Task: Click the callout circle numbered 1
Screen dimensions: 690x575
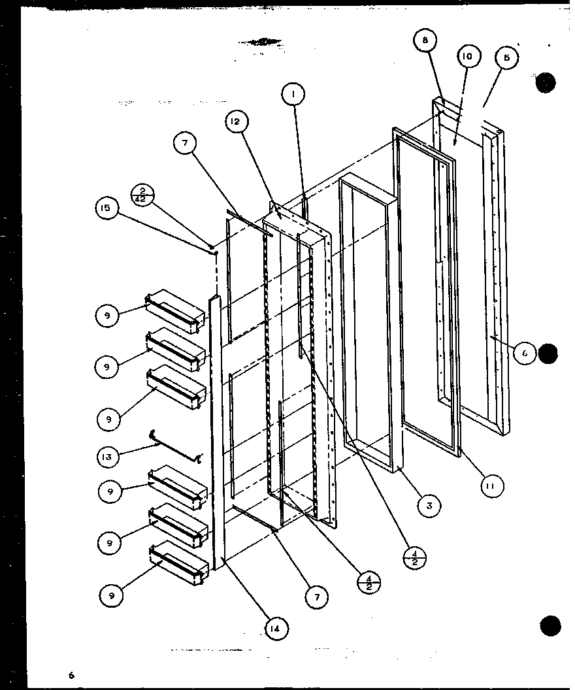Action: pos(294,95)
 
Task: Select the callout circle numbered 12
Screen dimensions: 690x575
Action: pos(238,122)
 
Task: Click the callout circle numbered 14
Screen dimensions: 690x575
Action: pos(277,629)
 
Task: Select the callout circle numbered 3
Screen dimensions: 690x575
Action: pos(429,506)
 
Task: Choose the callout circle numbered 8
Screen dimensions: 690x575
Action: pos(425,41)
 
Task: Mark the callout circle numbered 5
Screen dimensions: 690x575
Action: pos(507,57)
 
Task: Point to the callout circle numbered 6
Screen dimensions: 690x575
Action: pos(524,353)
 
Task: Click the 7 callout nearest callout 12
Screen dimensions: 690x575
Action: pos(186,145)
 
